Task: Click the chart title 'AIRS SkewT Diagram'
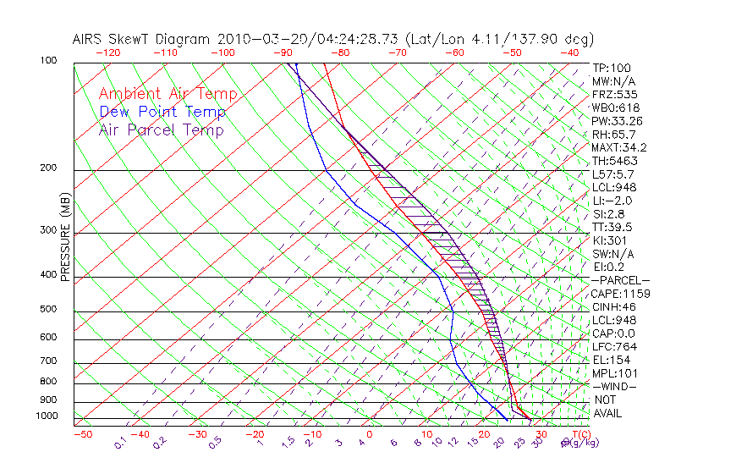pyautogui.click(x=143, y=39)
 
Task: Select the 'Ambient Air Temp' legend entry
pyautogui.click(x=168, y=94)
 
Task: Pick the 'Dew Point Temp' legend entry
pyautogui.click(x=162, y=112)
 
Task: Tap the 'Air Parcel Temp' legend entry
pyautogui.click(x=162, y=130)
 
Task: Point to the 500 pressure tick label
pyautogui.click(x=49, y=310)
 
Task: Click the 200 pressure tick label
pyautogui.click(x=49, y=168)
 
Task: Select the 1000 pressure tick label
pyautogui.click(x=47, y=416)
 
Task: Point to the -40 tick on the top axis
pyautogui.click(x=569, y=52)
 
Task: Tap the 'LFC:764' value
pyautogui.click(x=613, y=347)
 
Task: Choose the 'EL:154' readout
pyautogui.click(x=611, y=360)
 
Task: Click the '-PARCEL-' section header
pyautogui.click(x=620, y=280)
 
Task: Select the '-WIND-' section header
pyautogui.click(x=614, y=386)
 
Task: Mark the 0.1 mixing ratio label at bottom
pyautogui.click(x=120, y=443)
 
